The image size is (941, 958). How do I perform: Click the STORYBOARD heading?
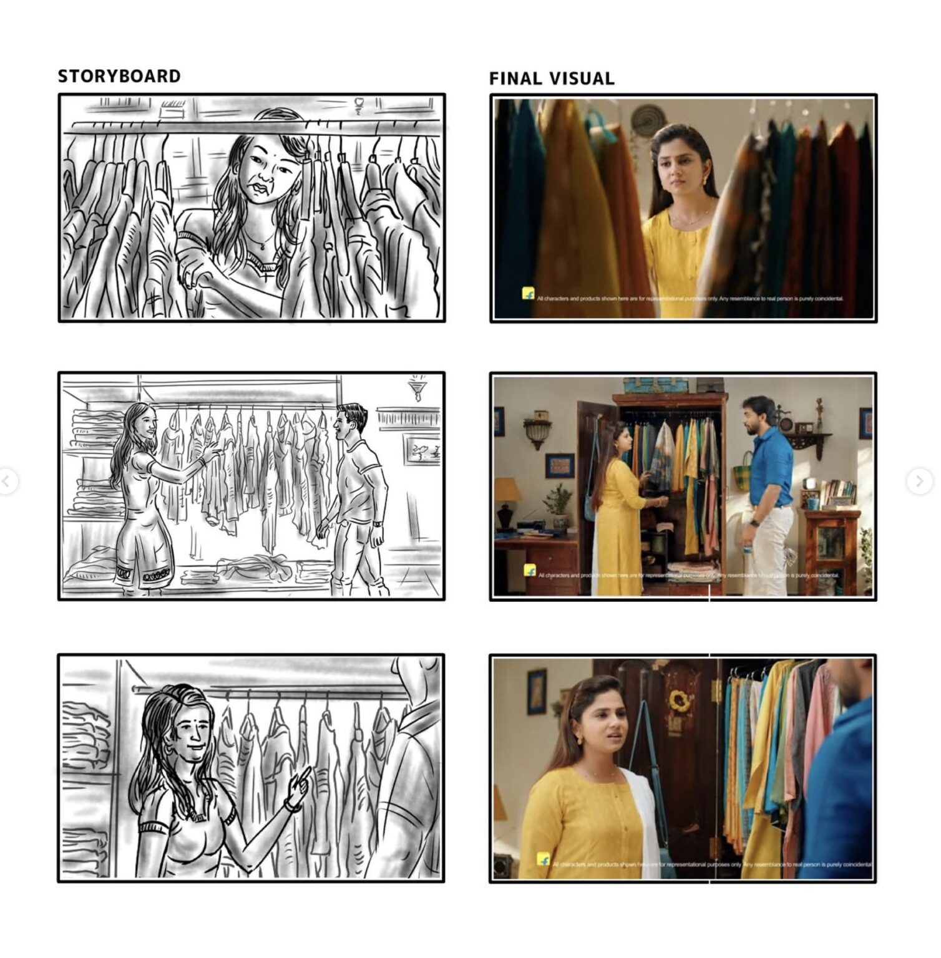(119, 76)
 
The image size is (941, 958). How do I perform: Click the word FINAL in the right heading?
(515, 79)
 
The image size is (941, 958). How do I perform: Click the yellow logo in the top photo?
(529, 293)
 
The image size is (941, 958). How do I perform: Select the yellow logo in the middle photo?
(530, 570)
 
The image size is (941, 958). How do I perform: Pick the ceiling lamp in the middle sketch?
(415, 388)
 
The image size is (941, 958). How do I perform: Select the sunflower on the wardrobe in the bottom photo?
(679, 701)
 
